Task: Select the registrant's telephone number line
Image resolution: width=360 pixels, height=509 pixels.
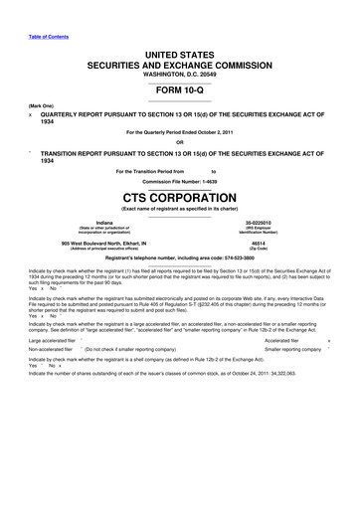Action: coord(179,257)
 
